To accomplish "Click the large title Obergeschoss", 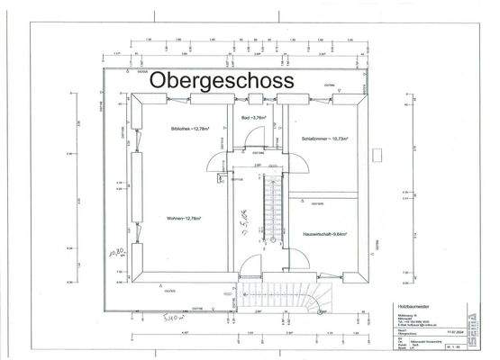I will tap(222, 80).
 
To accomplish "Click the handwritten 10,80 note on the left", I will tap(114, 255).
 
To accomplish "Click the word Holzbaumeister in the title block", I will tap(414, 307).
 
